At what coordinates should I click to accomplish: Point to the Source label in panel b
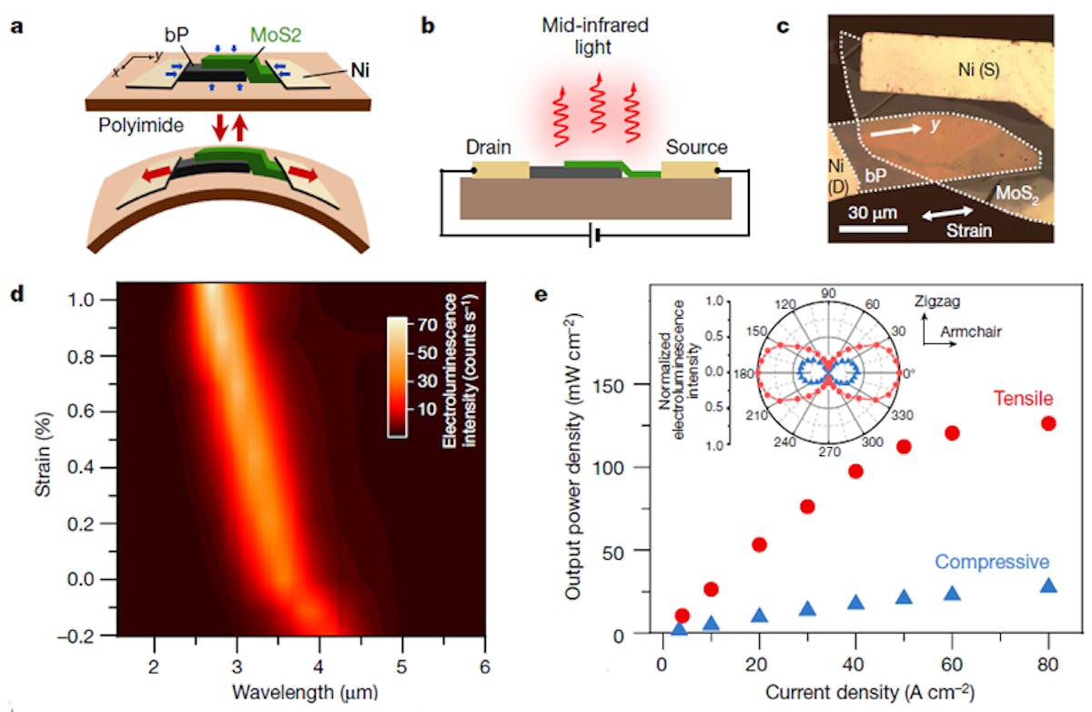[x=697, y=147]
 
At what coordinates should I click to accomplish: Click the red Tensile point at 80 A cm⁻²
[x=1048, y=423]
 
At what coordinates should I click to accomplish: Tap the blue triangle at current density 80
[x=1048, y=585]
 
